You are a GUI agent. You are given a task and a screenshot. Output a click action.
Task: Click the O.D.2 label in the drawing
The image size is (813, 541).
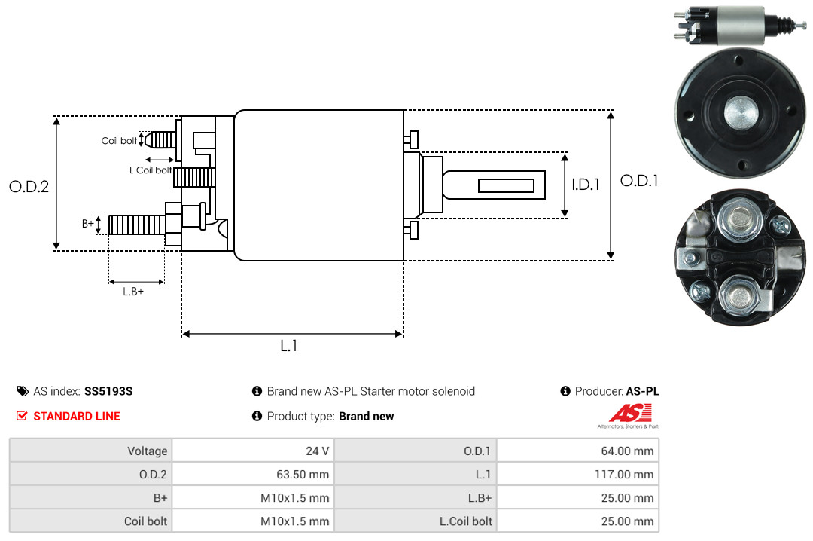[x=29, y=186]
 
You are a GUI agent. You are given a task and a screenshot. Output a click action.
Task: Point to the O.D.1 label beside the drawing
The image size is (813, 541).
[x=639, y=181]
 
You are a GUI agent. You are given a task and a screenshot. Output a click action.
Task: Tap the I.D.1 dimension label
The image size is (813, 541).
[x=586, y=185]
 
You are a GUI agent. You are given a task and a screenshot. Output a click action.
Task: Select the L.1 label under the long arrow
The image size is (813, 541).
[x=289, y=346]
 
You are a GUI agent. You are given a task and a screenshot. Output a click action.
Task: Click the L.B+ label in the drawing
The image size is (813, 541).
[x=133, y=292]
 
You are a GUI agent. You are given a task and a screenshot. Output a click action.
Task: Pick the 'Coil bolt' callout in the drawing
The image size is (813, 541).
[x=119, y=141]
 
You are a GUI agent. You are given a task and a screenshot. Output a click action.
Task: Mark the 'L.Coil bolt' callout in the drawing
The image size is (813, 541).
[x=151, y=170]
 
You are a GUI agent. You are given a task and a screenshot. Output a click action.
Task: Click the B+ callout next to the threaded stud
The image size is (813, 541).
[x=87, y=223]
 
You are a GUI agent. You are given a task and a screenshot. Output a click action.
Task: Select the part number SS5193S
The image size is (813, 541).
[x=108, y=391]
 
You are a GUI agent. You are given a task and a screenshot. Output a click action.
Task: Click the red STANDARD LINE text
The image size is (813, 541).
[x=77, y=416]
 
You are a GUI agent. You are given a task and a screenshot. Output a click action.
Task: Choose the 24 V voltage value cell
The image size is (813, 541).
[x=253, y=451]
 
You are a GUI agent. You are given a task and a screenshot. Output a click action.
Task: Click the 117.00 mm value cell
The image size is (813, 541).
[x=577, y=474]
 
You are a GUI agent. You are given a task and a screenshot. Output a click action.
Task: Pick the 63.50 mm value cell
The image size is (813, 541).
[x=253, y=474]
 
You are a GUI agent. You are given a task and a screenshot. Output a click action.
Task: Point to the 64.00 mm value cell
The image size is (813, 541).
[x=577, y=451]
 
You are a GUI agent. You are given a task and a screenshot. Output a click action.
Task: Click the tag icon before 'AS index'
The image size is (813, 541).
[x=23, y=391]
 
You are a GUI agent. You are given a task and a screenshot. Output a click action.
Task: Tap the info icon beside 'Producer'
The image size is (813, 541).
[x=565, y=391]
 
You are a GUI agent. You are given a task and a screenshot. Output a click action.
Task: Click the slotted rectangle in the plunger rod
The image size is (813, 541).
[x=506, y=186]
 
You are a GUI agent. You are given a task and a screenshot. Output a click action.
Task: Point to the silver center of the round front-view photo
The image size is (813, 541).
[x=741, y=113]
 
